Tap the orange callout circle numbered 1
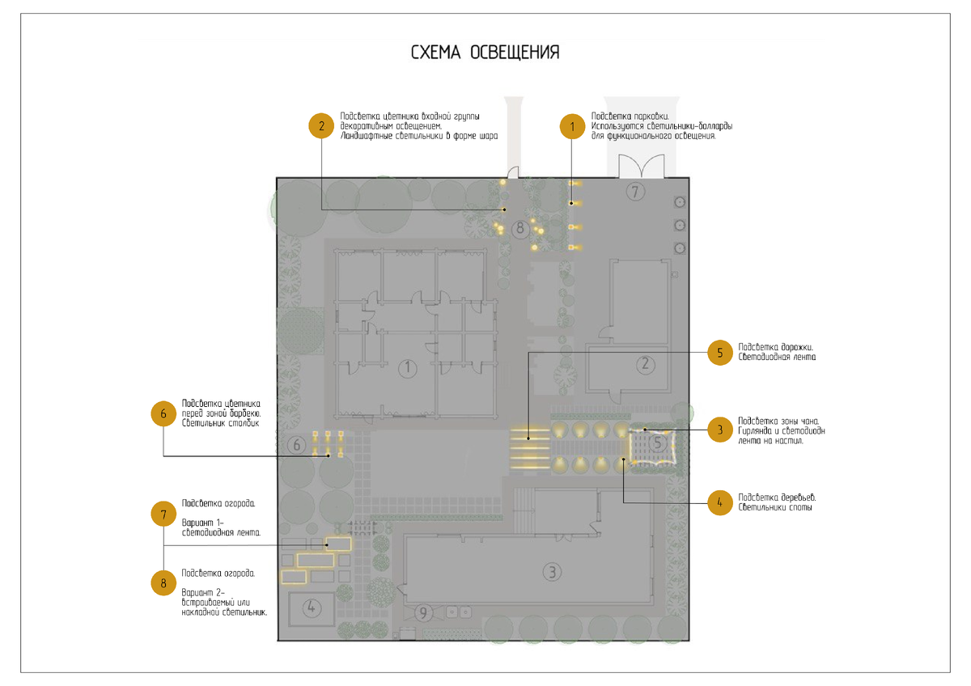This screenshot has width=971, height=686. point(573,126)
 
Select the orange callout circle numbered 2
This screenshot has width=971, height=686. point(321,126)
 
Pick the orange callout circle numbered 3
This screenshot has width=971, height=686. point(720,430)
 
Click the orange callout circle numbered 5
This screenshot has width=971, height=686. point(720,354)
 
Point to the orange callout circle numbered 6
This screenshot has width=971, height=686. point(163,413)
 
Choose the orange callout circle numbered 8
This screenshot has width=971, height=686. point(163,582)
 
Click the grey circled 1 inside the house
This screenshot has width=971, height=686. point(408,369)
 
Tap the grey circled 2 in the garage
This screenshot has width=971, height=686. point(645,364)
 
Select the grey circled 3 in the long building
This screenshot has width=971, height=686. point(551,572)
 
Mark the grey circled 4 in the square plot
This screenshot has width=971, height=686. point(313,608)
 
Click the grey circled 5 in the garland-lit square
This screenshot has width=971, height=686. point(659,443)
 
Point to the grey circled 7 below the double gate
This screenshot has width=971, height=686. point(635,192)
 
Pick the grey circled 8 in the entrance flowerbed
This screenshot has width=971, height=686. point(520,229)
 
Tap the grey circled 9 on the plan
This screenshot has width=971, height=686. point(423,613)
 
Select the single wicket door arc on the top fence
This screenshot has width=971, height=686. point(513,171)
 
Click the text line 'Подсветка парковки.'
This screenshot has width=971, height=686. point(630,116)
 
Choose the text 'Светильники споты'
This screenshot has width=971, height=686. point(775,507)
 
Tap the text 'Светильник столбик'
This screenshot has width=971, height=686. point(221,423)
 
